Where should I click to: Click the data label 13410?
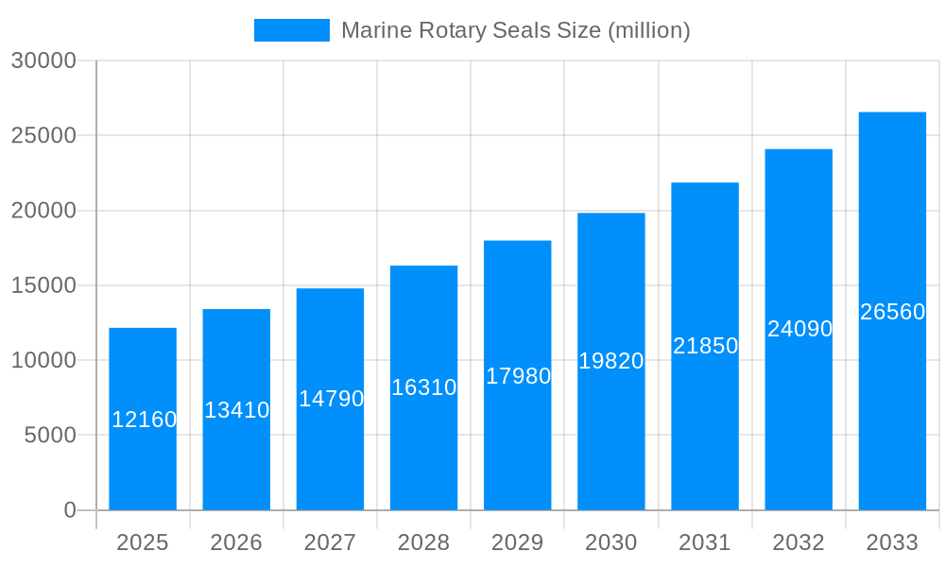click(237, 410)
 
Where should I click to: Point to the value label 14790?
click(331, 399)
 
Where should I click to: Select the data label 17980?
click(518, 376)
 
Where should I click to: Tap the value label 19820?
click(611, 361)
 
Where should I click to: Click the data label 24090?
click(799, 329)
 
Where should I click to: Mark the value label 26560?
click(892, 312)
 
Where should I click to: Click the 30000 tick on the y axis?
click(43, 60)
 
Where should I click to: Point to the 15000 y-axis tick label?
click(43, 285)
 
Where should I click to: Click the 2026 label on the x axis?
click(236, 542)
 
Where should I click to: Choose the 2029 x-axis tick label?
click(518, 542)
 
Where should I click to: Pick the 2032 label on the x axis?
click(799, 542)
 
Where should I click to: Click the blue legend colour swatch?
click(292, 30)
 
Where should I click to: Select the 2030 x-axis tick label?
click(611, 542)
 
